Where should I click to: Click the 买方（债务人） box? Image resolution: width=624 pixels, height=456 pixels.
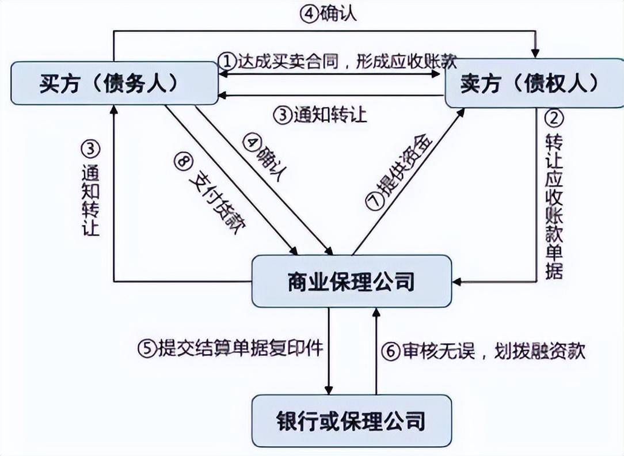point(115,84)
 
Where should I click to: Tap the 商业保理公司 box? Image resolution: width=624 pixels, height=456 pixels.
point(351,282)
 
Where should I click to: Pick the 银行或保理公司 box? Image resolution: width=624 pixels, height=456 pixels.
point(351,420)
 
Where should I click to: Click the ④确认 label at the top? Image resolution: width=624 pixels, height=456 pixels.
point(329,14)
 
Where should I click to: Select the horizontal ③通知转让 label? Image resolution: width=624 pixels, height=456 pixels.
point(320,115)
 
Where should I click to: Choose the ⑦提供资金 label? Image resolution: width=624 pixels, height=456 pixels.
point(399,173)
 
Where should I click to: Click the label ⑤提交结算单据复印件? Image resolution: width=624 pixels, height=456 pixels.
point(230,348)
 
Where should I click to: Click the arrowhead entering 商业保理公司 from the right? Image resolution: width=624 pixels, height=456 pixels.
point(457,282)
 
